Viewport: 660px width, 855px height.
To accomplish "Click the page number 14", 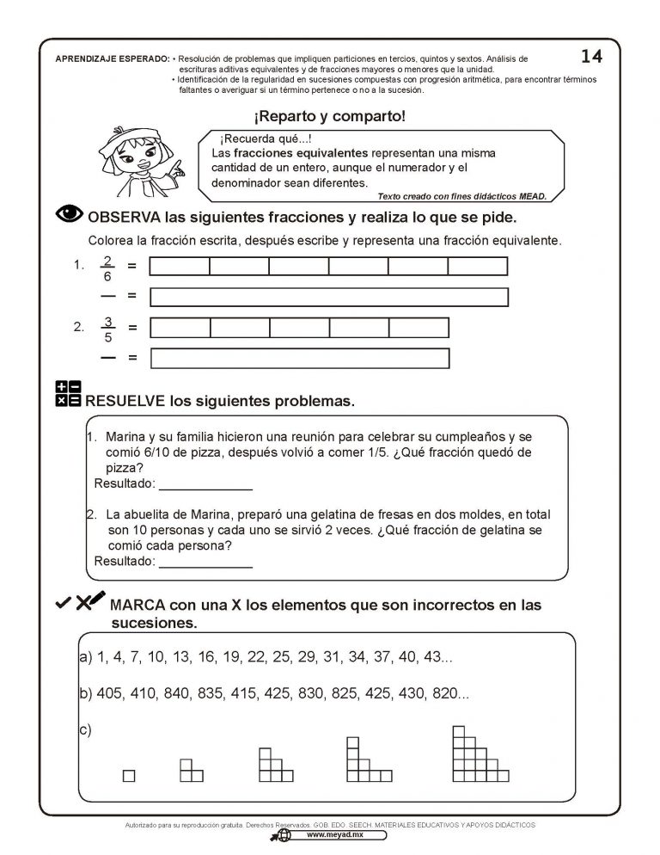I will coord(591,56).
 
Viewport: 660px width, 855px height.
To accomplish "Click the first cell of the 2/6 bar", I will coord(180,267).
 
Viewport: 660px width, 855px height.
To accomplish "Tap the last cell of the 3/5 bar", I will coord(419,328).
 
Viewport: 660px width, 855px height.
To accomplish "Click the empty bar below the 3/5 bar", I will coord(299,358).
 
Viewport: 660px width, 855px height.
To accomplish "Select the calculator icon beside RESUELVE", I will coord(68,394).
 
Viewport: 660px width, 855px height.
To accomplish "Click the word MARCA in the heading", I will coord(138,605).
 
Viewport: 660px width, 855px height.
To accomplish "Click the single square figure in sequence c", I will coord(129,775).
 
